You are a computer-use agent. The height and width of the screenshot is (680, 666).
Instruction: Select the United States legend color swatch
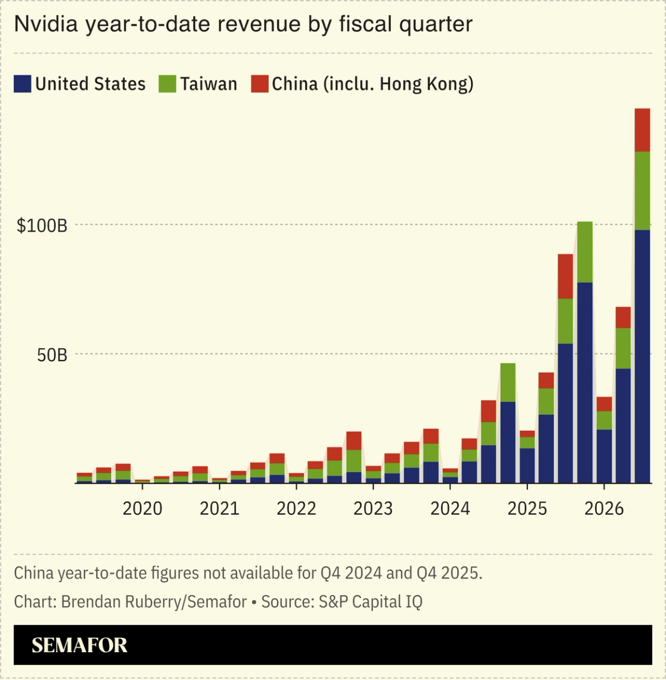(22, 84)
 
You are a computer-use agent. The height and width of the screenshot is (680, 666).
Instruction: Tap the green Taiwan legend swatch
(167, 84)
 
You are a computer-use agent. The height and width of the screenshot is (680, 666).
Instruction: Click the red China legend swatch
(260, 84)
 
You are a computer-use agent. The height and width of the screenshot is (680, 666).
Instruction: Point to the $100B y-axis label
(42, 226)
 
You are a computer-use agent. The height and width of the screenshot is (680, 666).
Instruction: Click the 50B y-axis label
(52, 355)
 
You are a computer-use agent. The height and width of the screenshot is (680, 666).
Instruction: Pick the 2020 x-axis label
(142, 508)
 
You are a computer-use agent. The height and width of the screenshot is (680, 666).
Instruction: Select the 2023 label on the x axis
(373, 508)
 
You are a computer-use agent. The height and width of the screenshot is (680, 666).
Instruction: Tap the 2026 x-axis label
(604, 508)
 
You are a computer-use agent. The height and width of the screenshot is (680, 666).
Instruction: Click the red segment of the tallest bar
(642, 130)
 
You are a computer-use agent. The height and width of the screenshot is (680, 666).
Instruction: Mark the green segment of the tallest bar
(642, 191)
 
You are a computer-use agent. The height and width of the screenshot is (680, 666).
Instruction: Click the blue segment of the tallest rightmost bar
(642, 356)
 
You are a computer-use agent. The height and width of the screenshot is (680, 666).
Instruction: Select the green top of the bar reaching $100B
(584, 252)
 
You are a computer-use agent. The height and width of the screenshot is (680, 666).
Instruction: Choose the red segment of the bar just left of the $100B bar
(565, 276)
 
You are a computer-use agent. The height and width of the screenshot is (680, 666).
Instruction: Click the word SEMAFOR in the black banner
(79, 645)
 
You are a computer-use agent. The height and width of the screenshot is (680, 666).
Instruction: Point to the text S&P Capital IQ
(370, 602)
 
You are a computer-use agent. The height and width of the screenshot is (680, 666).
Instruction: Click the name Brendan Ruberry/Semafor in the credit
(154, 602)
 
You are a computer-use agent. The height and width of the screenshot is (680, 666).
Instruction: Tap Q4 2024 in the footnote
(351, 573)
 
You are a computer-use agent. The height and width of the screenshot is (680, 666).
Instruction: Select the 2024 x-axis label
(450, 508)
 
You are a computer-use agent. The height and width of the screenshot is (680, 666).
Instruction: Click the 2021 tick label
(219, 508)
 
